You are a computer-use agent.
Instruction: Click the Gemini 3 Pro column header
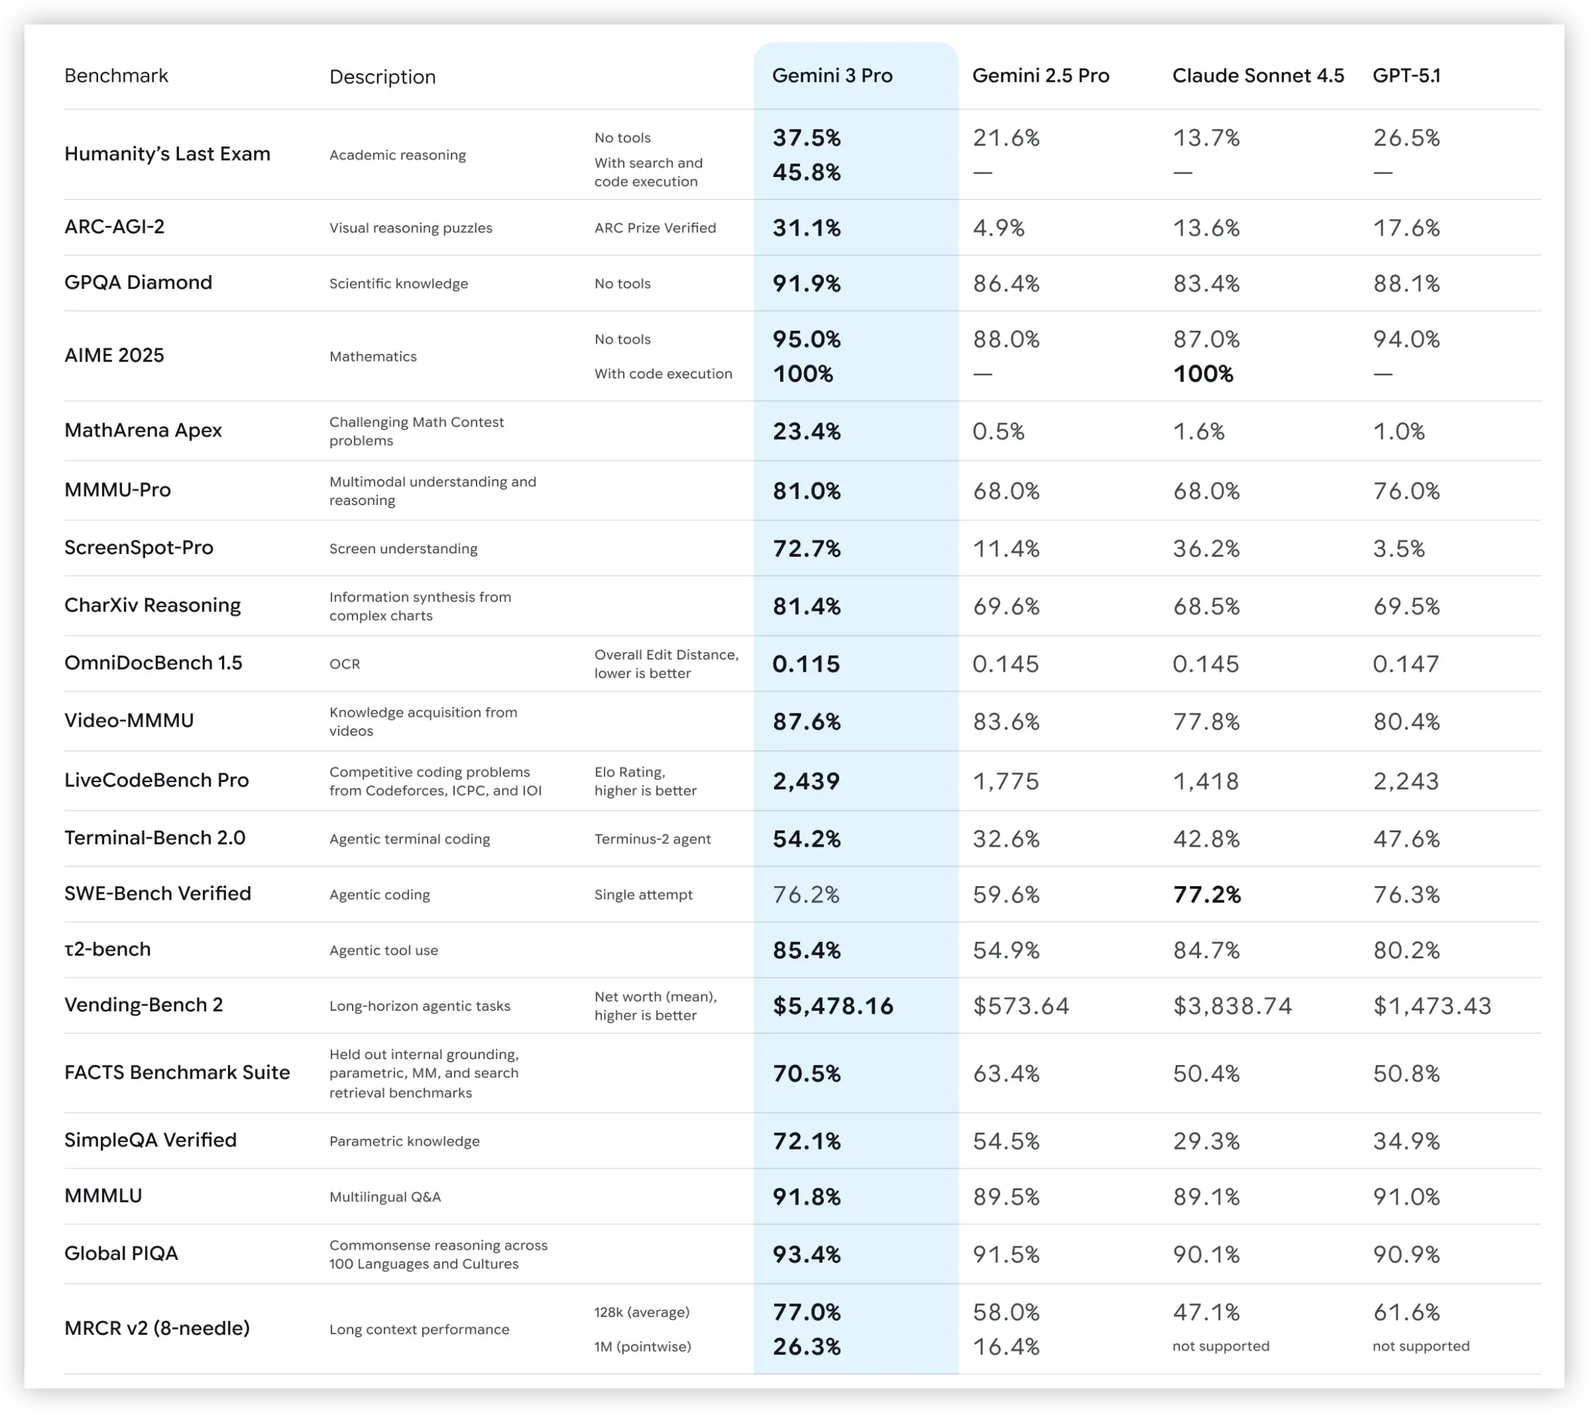coord(832,76)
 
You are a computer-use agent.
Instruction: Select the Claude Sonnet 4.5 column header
coord(1258,76)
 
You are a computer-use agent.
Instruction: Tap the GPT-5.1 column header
coord(1407,76)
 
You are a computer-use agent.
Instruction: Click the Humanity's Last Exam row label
coord(167,154)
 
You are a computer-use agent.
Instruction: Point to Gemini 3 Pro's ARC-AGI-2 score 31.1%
coord(806,228)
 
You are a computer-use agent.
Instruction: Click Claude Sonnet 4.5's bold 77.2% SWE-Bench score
coord(1206,894)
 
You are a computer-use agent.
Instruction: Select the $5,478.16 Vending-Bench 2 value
coord(833,1006)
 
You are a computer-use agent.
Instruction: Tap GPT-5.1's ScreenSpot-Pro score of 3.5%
coord(1398,549)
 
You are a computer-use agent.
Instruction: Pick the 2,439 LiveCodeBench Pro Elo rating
coord(806,781)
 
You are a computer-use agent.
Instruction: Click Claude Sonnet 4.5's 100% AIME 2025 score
coord(1202,374)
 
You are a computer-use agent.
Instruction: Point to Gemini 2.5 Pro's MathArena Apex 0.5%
coord(998,432)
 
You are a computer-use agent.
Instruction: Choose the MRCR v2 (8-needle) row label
coord(157,1329)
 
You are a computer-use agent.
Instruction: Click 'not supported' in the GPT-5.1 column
coord(1420,1346)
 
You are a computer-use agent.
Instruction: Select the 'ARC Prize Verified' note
coord(654,228)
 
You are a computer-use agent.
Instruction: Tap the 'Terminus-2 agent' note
coord(652,839)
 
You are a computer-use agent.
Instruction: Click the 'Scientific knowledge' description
coord(398,284)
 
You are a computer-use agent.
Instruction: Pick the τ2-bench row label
coord(108,949)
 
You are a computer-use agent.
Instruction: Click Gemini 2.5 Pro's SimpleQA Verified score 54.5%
coord(1006,1141)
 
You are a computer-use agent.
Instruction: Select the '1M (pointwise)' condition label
coord(642,1346)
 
